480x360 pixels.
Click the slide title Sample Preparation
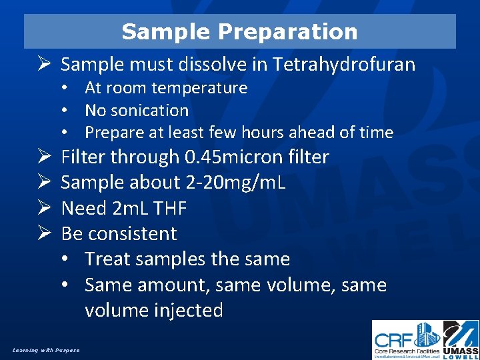coord(239,31)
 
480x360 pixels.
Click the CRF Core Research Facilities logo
coord(407,340)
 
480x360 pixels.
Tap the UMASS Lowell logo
coord(461,340)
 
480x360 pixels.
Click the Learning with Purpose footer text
coord(45,350)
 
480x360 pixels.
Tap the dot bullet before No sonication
coord(69,111)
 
